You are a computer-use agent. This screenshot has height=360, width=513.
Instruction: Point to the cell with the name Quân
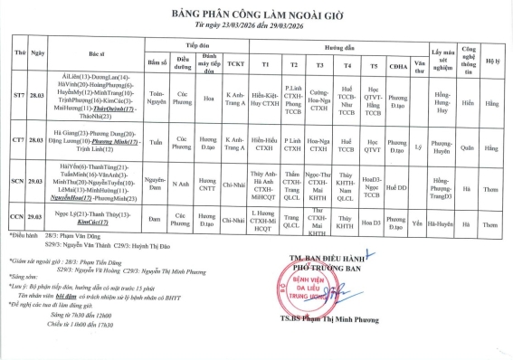468,142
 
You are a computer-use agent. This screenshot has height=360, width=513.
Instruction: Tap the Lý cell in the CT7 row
417,142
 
